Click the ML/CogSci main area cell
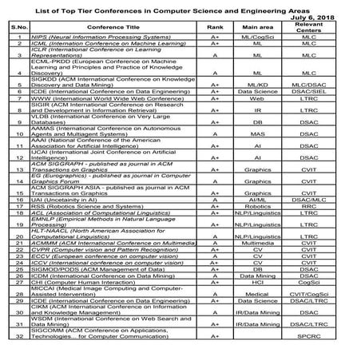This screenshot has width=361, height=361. pyautogui.click(x=258, y=37)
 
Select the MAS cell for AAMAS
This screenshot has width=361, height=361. pyautogui.click(x=258, y=133)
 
